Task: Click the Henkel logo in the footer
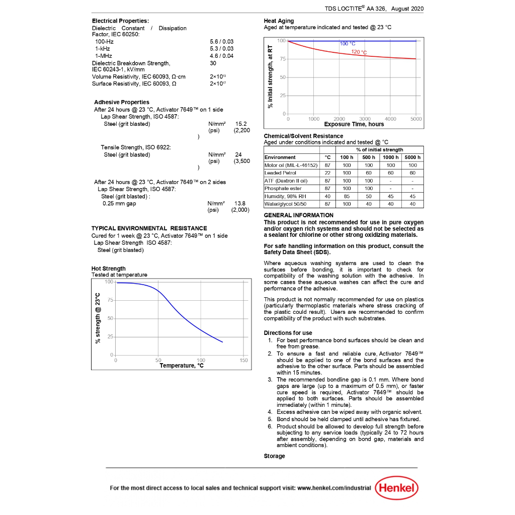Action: (397, 487)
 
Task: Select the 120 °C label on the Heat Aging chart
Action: (359, 52)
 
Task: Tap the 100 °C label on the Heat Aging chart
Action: (348, 44)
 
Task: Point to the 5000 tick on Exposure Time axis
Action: (416, 119)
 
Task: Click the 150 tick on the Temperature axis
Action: (244, 360)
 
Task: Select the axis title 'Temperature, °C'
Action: (182, 366)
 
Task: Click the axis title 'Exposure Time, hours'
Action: (354, 124)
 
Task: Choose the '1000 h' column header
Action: (391, 157)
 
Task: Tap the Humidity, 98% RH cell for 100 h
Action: (347, 196)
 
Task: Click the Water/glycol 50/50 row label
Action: (285, 204)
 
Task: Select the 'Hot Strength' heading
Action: (109, 269)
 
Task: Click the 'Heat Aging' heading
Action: (279, 21)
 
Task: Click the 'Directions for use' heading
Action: (288, 333)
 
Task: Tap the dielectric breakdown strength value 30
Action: (213, 63)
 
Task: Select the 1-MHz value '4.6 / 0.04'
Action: (221, 56)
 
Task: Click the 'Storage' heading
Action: (274, 456)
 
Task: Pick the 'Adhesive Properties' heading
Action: (122, 102)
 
